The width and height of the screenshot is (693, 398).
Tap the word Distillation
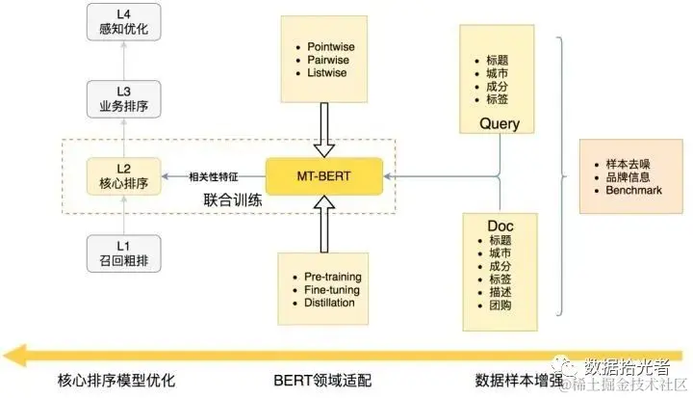pyautogui.click(x=331, y=303)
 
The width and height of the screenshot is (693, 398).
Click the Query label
pyautogui.click(x=500, y=123)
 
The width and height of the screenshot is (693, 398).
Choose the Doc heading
pyautogui.click(x=499, y=225)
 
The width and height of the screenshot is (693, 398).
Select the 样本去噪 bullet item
pyautogui.click(x=627, y=163)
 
